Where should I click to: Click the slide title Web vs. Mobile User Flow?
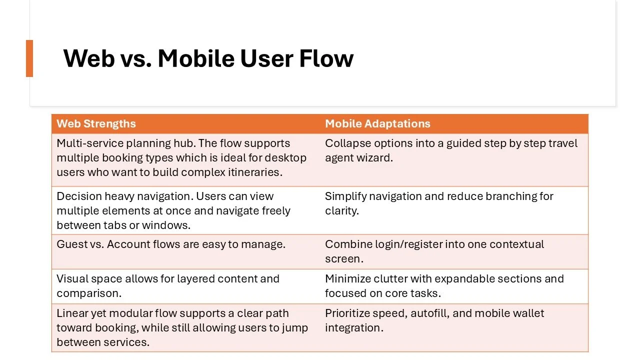point(208,58)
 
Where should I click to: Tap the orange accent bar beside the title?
point(29,58)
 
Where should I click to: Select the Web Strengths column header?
point(96,124)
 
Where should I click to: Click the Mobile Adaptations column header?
point(377,124)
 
